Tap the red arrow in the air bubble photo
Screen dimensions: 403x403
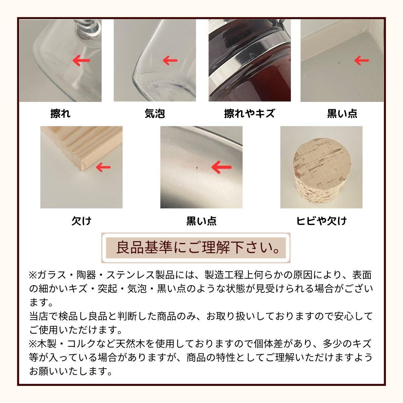(x=170, y=61)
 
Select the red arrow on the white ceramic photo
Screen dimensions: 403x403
(x=362, y=61)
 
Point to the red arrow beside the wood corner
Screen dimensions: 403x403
(x=103, y=167)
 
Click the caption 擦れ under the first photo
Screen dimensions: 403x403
(x=60, y=114)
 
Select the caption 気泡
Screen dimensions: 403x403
(x=155, y=114)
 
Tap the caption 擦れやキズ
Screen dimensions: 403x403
(x=249, y=114)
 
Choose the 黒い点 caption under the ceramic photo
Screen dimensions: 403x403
(x=342, y=114)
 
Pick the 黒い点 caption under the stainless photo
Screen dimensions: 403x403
(x=201, y=221)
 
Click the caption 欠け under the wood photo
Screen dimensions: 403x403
(x=81, y=221)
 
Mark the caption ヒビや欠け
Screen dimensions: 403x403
(x=321, y=221)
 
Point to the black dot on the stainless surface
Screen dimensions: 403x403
(x=196, y=166)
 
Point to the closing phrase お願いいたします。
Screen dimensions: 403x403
(x=71, y=371)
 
